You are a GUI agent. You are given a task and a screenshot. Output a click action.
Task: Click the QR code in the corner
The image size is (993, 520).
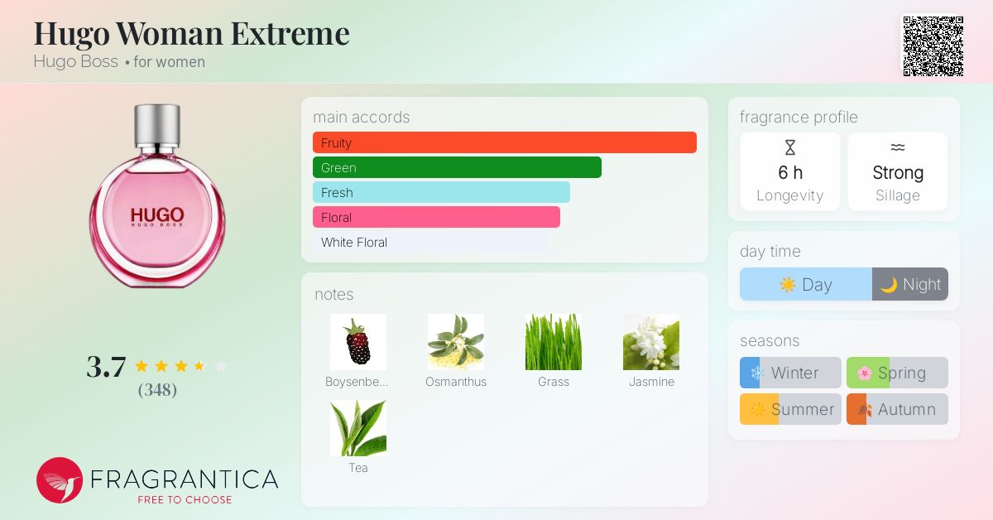pyautogui.click(x=933, y=46)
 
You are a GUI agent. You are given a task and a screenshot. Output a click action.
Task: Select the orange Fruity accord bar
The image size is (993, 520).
pyautogui.click(x=505, y=142)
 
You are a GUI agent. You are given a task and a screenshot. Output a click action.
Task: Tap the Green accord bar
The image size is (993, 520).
pyautogui.click(x=457, y=167)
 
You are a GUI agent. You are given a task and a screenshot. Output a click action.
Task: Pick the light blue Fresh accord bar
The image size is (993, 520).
pyautogui.click(x=441, y=192)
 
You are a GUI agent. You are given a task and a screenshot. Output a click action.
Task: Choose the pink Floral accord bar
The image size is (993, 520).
pyautogui.click(x=436, y=217)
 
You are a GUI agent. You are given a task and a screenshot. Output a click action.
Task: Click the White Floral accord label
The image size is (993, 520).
pyautogui.click(x=354, y=243)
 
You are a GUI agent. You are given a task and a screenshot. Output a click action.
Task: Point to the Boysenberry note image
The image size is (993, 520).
pyautogui.click(x=358, y=342)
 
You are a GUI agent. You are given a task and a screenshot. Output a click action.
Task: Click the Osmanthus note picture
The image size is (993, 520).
pyautogui.click(x=456, y=342)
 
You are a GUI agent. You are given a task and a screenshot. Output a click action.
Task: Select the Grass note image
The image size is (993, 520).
pyautogui.click(x=554, y=342)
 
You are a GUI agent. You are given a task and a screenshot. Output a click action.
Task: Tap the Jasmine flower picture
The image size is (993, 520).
pyautogui.click(x=651, y=342)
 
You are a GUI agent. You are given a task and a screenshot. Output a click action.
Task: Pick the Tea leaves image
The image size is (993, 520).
pyautogui.click(x=358, y=428)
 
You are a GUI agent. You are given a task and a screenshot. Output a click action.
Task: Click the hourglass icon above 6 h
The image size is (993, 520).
pyautogui.click(x=790, y=147)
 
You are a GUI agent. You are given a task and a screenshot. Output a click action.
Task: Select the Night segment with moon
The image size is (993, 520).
pyautogui.click(x=910, y=284)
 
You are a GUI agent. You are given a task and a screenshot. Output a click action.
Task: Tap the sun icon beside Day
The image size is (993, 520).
pyautogui.click(x=788, y=284)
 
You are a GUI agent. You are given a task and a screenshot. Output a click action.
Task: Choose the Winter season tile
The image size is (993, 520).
pyautogui.click(x=790, y=373)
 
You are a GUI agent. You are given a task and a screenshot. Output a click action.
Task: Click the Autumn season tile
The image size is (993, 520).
pyautogui.click(x=897, y=409)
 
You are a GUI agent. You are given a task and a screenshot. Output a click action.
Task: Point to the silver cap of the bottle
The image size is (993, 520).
pyautogui.click(x=157, y=126)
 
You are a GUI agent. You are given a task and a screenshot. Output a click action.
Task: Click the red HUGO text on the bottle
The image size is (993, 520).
pyautogui.click(x=157, y=215)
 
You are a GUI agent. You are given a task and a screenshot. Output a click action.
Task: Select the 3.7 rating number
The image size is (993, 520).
pyautogui.click(x=107, y=367)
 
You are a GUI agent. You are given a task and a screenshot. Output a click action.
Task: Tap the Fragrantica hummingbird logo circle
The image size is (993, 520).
pyautogui.click(x=60, y=480)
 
